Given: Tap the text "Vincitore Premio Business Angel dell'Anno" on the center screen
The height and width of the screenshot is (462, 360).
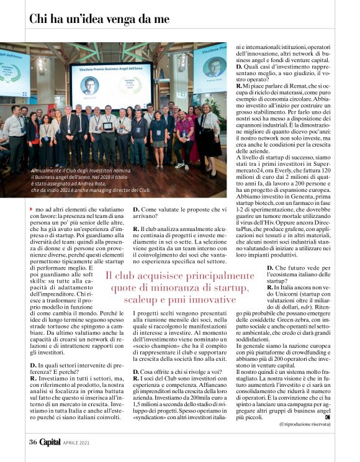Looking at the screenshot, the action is [111, 70].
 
